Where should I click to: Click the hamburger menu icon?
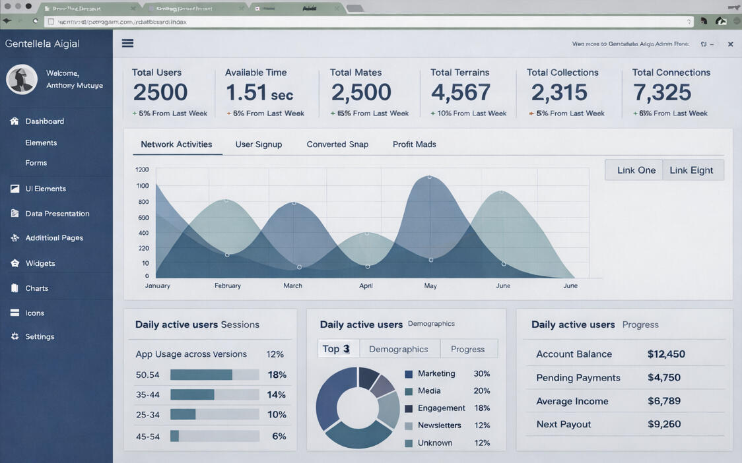click(127, 44)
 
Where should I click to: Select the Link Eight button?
click(692, 170)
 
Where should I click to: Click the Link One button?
click(636, 170)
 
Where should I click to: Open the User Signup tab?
click(259, 144)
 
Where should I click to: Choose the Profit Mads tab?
click(415, 144)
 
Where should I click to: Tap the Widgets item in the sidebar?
click(40, 263)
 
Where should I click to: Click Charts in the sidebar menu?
click(36, 288)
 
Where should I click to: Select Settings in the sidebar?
click(40, 336)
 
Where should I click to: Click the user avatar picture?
click(22, 80)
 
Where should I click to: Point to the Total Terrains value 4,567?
click(461, 93)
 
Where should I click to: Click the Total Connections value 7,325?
click(662, 93)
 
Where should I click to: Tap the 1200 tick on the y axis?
click(142, 170)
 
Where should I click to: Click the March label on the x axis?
click(292, 286)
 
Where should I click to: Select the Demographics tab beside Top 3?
click(398, 349)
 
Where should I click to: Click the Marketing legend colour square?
click(409, 374)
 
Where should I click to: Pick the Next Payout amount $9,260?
click(664, 424)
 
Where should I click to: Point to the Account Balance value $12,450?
click(666, 354)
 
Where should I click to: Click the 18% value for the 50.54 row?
click(277, 375)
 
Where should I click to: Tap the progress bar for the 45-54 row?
click(215, 436)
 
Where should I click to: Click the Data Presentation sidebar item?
click(57, 214)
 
